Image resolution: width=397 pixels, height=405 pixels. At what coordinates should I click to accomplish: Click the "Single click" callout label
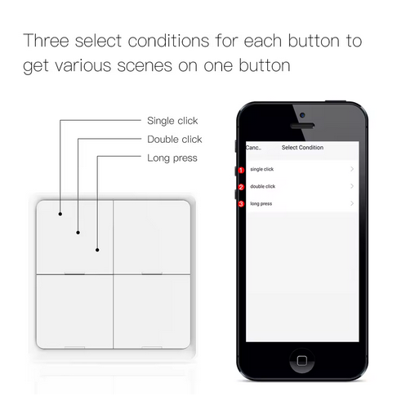[x=172, y=121]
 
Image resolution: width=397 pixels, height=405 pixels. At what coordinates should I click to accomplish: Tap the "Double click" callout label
[x=175, y=139]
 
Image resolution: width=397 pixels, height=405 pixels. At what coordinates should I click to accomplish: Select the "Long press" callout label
[x=172, y=158]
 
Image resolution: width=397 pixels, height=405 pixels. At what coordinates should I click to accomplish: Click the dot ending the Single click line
[x=60, y=214]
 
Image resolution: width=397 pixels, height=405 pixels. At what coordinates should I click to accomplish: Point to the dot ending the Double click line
[x=78, y=233]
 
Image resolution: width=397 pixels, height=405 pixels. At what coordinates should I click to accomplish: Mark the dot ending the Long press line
[x=97, y=250]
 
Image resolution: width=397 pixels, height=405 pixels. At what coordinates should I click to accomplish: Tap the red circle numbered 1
[x=241, y=170]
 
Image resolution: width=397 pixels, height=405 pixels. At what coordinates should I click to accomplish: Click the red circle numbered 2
[x=241, y=187]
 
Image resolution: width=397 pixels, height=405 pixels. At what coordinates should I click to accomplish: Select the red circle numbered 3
[x=241, y=204]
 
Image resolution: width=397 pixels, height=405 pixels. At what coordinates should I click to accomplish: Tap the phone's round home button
[x=302, y=361]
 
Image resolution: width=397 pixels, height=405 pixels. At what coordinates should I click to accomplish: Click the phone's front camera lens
[x=302, y=115]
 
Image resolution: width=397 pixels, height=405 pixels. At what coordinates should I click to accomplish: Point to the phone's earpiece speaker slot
[x=302, y=126]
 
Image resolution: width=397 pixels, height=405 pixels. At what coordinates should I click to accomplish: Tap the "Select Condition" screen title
[x=302, y=148]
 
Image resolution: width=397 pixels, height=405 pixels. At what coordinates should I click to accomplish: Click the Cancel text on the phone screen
[x=253, y=148]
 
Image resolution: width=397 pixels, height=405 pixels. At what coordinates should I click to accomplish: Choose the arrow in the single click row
[x=352, y=169]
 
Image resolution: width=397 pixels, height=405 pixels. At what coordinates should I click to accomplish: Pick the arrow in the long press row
[x=352, y=203]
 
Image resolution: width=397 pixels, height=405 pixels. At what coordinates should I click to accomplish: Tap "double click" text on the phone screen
[x=263, y=186]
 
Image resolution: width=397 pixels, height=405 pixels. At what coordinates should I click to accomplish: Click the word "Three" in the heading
[x=46, y=41]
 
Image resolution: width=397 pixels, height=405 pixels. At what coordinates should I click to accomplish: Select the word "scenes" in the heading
[x=145, y=66]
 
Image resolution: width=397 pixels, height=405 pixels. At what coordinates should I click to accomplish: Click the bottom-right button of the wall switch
[x=152, y=312]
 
